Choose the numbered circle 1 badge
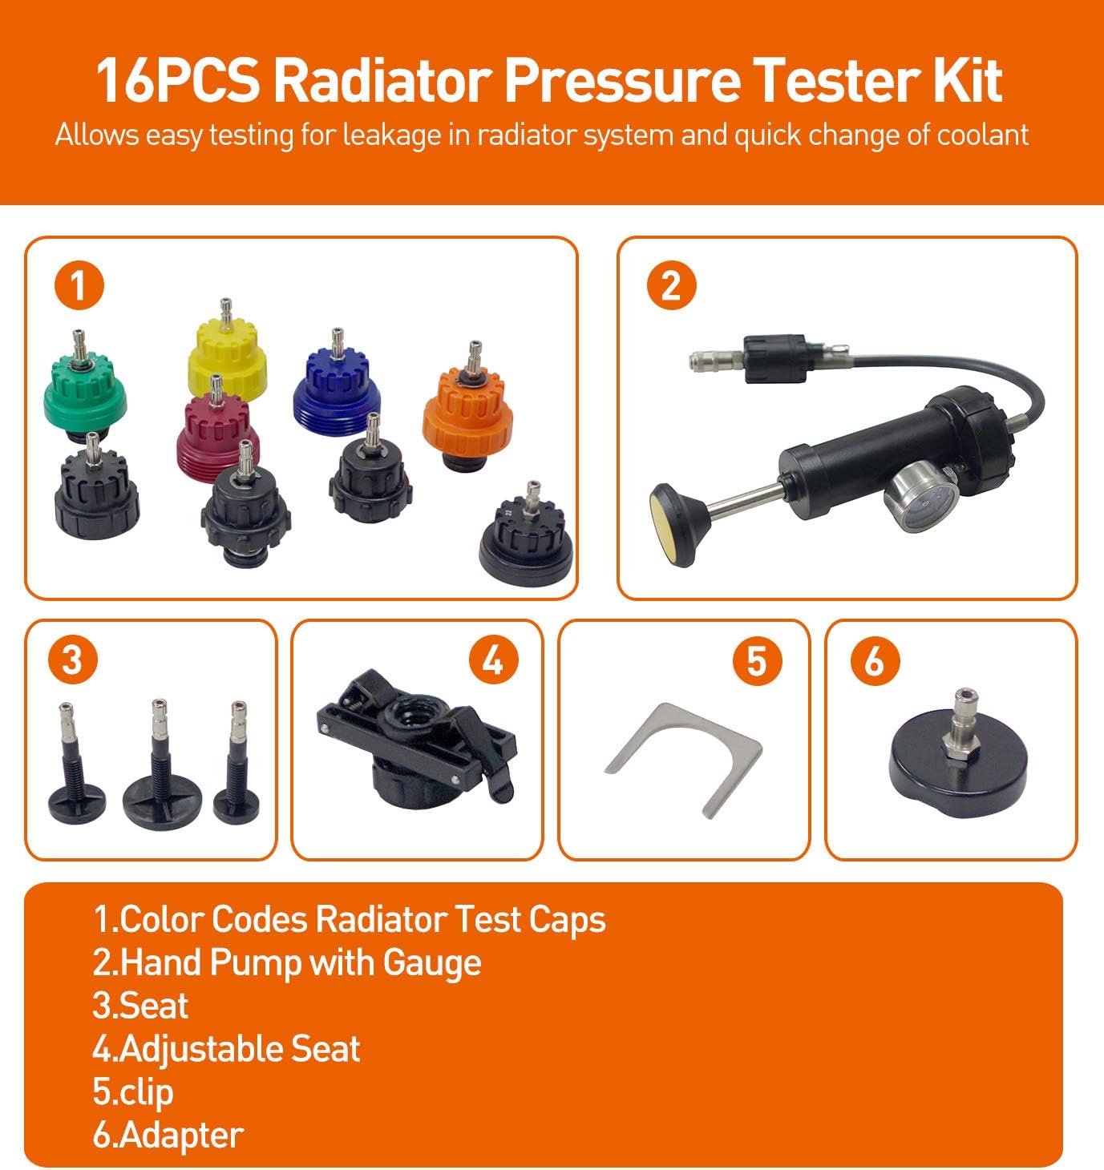79,285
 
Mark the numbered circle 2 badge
671,285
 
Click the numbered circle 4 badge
493,660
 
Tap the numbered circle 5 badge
757,660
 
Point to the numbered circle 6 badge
875,660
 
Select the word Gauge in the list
431,962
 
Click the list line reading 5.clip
133,1092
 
